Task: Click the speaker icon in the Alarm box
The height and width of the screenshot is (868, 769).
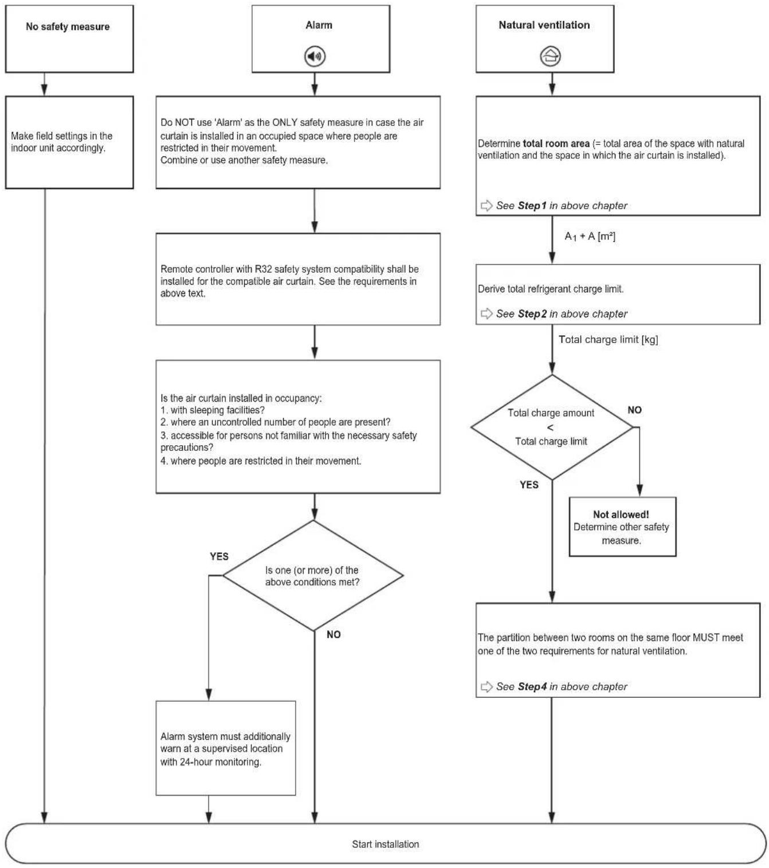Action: [315, 56]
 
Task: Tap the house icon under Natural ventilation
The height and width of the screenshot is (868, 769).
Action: [550, 56]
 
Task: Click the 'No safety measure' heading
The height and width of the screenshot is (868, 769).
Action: [68, 26]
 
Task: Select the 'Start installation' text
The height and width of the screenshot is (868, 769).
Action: [385, 844]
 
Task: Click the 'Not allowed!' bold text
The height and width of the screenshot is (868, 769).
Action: [621, 514]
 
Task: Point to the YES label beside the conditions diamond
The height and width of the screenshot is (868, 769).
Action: [219, 556]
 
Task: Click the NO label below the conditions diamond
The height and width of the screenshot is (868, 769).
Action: [334, 634]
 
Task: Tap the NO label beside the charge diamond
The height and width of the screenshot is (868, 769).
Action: [634, 410]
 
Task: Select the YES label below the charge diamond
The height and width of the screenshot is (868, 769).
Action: [529, 485]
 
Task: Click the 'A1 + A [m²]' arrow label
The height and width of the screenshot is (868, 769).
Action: [590, 236]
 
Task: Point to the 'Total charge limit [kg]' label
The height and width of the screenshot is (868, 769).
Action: [608, 339]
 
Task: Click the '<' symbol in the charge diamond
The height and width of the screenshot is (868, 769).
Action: [550, 427]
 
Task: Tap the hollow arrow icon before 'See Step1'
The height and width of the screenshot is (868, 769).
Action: [486, 205]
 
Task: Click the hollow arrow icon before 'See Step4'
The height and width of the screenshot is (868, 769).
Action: [486, 686]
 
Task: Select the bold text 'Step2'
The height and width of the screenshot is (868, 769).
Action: [532, 313]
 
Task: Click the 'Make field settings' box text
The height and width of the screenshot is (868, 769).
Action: [61, 142]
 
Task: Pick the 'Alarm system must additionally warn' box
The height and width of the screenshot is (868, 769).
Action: [225, 748]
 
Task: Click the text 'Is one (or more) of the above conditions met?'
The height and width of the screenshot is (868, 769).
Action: [312, 576]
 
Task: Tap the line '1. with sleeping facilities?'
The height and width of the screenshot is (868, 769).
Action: [213, 410]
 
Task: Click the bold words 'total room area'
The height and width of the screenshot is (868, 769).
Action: [556, 144]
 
